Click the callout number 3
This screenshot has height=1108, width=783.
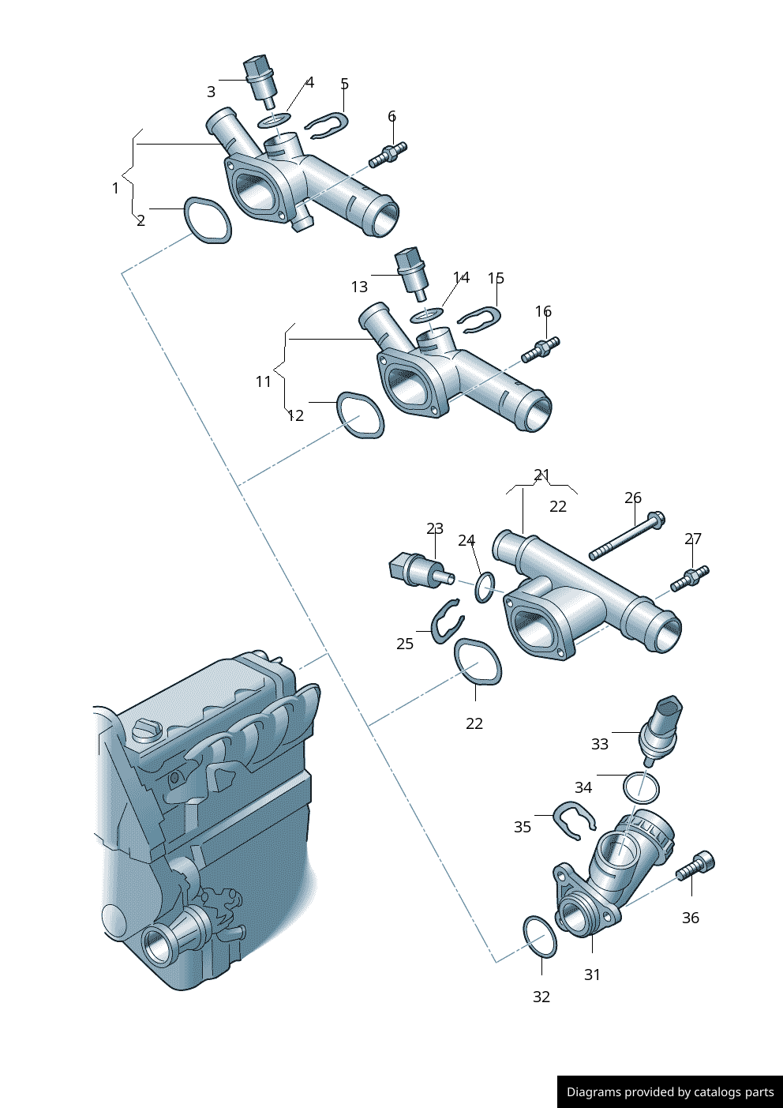click(x=211, y=92)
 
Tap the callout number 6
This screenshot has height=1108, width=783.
click(x=392, y=116)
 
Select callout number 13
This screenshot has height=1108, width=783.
click(x=359, y=287)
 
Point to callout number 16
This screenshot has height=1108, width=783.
click(x=543, y=311)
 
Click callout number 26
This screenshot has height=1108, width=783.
click(x=633, y=498)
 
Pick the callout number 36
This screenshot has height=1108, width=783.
click(x=691, y=918)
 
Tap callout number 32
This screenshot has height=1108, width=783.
click(x=541, y=997)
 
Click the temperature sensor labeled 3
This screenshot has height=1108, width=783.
click(x=261, y=82)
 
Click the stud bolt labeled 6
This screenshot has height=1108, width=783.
click(x=388, y=154)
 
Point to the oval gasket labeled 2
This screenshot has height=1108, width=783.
click(x=208, y=220)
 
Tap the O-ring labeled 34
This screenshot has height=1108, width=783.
click(x=641, y=788)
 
